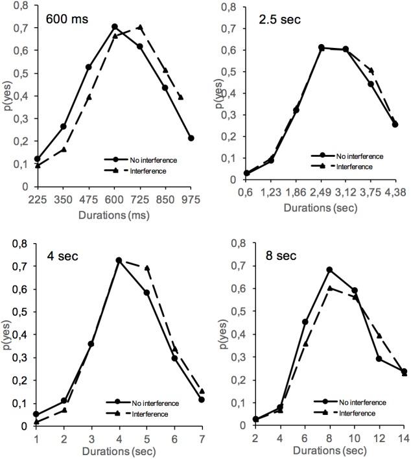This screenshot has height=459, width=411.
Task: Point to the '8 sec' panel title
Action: pos(266,256)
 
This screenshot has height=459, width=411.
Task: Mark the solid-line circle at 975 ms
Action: pos(191,138)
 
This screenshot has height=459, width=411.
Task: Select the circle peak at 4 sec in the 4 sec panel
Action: pos(119,260)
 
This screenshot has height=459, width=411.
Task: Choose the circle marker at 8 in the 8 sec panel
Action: pos(329,270)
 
